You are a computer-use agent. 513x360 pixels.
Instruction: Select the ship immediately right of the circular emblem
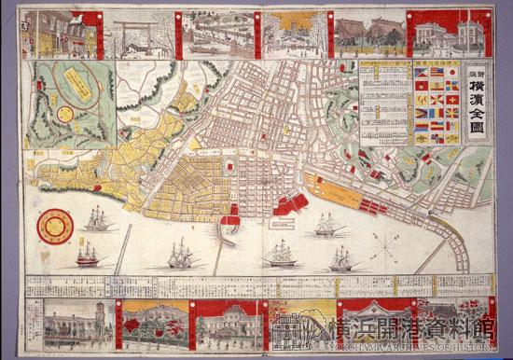click(x=97, y=220)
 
